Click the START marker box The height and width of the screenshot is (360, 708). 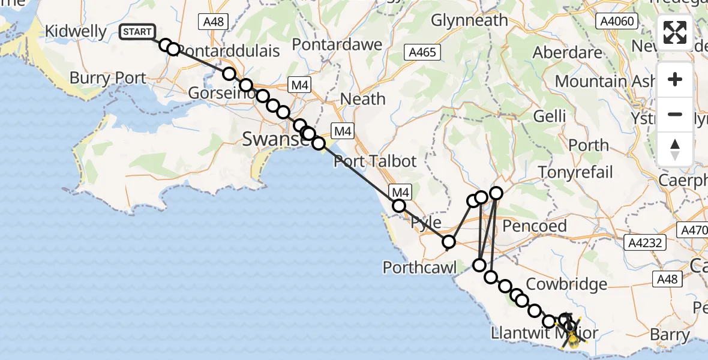pos(137,32)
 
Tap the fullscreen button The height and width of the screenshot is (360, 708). pos(675,32)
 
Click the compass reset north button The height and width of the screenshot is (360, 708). pos(675,149)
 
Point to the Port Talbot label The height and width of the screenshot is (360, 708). pos(375,161)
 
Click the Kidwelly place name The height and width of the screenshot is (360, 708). pos(76,32)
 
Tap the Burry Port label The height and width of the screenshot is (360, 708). pos(107,78)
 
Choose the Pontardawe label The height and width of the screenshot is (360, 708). pos(337,45)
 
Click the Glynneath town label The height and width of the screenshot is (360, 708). pos(469,21)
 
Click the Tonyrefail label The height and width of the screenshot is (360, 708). pos(575,173)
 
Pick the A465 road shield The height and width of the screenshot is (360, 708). pos(422,52)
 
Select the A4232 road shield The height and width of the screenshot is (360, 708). pos(644,242)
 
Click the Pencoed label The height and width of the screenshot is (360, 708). pos(534,226)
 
